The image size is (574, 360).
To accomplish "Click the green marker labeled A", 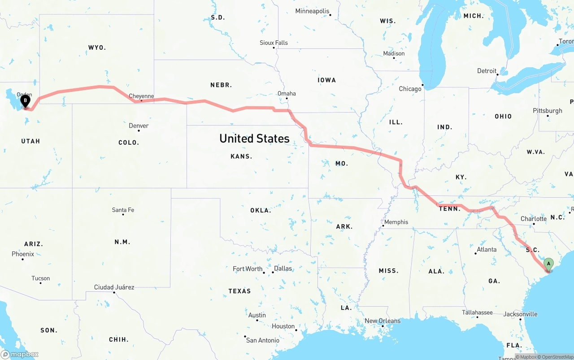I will click(548, 264).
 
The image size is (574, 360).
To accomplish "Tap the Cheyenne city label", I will click(141, 96).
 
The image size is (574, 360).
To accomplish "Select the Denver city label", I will click(139, 126).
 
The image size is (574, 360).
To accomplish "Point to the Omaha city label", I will click(287, 93).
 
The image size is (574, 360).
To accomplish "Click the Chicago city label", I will click(410, 89).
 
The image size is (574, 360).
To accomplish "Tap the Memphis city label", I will click(396, 222).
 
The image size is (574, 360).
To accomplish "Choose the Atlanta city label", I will click(487, 249).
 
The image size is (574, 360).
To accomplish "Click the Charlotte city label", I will click(533, 219).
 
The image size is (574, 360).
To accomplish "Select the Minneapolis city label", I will click(312, 11).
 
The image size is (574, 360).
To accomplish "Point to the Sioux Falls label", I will click(274, 43).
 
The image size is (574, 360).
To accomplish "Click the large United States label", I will click(254, 139).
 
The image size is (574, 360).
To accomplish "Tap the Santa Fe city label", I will click(123, 210).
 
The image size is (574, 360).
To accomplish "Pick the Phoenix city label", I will click(23, 254).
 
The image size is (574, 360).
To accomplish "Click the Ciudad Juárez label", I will click(114, 287).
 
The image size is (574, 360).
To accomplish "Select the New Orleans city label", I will click(383, 321).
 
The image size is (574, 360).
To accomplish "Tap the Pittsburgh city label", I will click(547, 111).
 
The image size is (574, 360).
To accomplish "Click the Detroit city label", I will click(487, 71).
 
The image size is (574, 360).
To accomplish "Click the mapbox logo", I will click(20, 354).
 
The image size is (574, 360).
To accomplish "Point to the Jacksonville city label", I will click(520, 314).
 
